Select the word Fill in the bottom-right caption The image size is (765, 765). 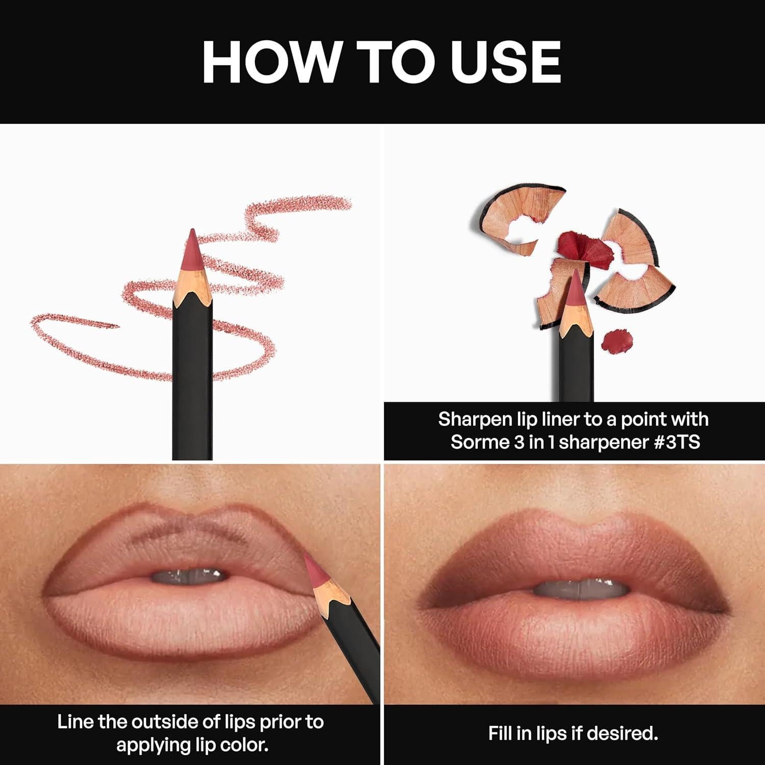[499, 733]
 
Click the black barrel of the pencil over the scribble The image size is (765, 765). [192, 382]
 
